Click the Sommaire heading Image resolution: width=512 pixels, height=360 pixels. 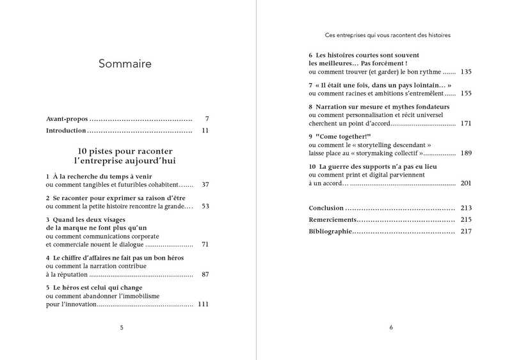tap(125, 64)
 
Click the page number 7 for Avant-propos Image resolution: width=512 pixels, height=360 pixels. tap(207, 119)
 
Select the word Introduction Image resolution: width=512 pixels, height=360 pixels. tap(66, 130)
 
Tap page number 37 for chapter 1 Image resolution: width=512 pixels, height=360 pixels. tap(205, 184)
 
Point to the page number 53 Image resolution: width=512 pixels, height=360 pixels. tap(205, 207)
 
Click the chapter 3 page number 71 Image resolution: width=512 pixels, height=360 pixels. tap(205, 244)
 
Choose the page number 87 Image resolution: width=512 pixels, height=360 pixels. tap(205, 274)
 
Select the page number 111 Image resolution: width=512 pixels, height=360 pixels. tap(204, 304)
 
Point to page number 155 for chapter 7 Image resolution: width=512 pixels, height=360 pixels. tap(465, 93)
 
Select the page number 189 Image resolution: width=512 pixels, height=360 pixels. tap(465, 153)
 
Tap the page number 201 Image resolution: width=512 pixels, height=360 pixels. tap(465, 183)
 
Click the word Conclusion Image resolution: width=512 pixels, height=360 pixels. tap(326, 208)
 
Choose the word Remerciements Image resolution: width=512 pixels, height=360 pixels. tap(332, 219)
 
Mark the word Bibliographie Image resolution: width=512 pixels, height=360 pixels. tap(330, 231)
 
